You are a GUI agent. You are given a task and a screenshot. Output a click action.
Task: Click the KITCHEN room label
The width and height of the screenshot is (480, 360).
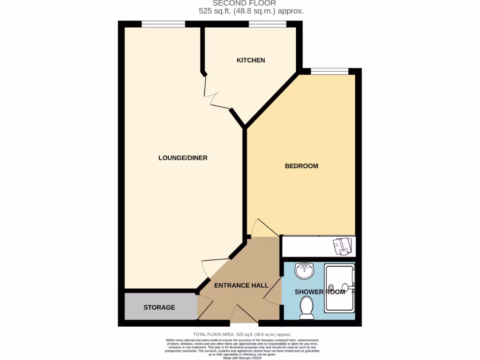coord(251,60)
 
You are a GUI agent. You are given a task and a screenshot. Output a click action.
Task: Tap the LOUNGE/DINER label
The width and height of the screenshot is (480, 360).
coord(183,158)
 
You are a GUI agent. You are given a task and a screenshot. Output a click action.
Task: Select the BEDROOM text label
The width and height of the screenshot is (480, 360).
coord(301,166)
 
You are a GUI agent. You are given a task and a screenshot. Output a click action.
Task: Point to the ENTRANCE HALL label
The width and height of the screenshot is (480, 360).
coord(241,285)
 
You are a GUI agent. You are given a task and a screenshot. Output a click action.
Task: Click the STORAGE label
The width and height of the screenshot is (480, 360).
coord(159,307)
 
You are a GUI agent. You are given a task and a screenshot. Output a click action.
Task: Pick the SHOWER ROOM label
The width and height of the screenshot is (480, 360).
coord(320,292)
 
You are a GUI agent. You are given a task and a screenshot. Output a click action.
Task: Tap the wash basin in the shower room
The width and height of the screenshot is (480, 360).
coord(304,270)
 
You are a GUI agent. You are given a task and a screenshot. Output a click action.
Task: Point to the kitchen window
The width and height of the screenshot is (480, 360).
coord(262,24)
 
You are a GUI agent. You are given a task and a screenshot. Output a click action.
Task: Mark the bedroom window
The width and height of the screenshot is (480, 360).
coord(330,71)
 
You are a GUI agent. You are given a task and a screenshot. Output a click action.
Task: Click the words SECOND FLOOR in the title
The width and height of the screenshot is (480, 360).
coord(244,3)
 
